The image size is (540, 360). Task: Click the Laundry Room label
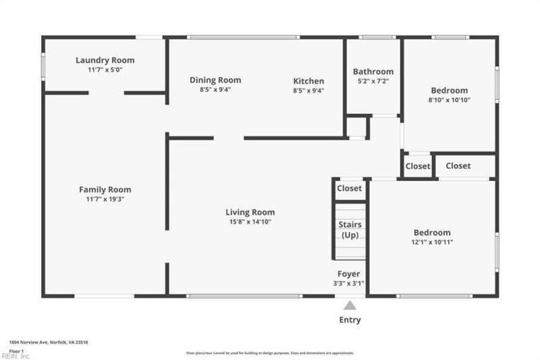(105, 60)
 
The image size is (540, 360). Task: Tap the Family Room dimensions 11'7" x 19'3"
(105, 199)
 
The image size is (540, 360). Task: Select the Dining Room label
(215, 80)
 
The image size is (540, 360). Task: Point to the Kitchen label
(308, 81)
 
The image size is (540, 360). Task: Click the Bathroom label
(373, 72)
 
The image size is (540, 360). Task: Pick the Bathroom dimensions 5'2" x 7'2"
(373, 81)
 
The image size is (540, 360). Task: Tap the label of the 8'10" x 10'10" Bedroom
(450, 91)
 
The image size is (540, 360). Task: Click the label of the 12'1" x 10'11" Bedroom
(432, 232)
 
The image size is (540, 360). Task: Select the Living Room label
(250, 212)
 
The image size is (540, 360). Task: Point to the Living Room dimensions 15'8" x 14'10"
(250, 222)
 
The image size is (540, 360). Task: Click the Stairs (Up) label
(350, 230)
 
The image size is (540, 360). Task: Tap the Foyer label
(349, 274)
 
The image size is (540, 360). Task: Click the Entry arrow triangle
(350, 305)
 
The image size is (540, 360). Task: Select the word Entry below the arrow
(350, 319)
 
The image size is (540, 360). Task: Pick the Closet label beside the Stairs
(350, 188)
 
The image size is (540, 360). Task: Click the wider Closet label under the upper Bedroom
(458, 165)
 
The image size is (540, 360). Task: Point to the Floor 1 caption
(16, 351)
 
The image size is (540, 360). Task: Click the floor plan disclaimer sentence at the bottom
(270, 353)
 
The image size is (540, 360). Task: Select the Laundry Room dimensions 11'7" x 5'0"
(105, 70)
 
